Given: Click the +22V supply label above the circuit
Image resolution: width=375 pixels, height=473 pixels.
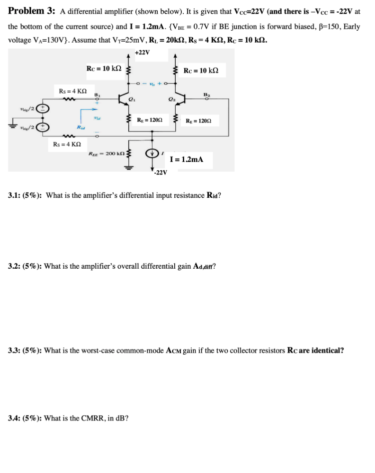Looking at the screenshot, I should (142, 53).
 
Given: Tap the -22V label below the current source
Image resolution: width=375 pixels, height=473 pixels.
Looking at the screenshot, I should (161, 173).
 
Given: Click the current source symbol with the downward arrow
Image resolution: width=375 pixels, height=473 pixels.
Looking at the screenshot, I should (152, 153).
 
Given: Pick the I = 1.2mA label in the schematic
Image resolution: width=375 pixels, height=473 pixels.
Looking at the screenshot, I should (186, 159).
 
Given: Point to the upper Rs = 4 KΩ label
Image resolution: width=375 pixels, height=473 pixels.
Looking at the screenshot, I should (72, 90).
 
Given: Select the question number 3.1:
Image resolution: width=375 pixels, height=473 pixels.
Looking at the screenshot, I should (18, 195).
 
